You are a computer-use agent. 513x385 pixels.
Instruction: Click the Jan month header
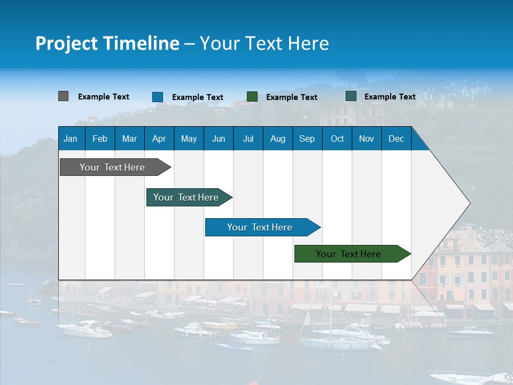pyautogui.click(x=71, y=138)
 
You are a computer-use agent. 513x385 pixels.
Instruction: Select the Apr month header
pyautogui.click(x=159, y=138)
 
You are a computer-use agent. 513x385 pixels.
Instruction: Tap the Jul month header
pyautogui.click(x=248, y=138)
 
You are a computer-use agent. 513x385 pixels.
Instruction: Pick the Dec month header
pyautogui.click(x=396, y=138)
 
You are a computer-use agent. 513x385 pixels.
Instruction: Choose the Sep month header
pyautogui.click(x=307, y=138)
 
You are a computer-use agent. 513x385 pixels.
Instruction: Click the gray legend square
pyautogui.click(x=63, y=96)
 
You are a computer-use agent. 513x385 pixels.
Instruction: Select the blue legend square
pyautogui.click(x=158, y=97)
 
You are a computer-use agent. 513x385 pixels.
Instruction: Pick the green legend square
pyautogui.click(x=252, y=97)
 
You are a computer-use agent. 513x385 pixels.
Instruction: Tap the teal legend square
pyautogui.click(x=351, y=96)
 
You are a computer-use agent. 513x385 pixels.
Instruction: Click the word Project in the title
pyautogui.click(x=66, y=43)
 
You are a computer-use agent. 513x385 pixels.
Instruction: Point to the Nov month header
pyautogui.click(x=366, y=138)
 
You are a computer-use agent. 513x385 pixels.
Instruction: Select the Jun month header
pyautogui.click(x=218, y=138)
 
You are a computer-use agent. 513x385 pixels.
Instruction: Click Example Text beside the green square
pyautogui.click(x=291, y=97)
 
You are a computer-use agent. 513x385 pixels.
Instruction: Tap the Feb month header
pyautogui.click(x=100, y=138)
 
